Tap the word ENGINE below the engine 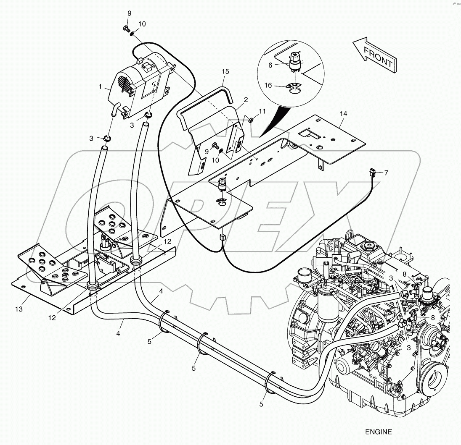click(379, 432)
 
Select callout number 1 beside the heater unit click(101, 86)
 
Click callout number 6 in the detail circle click(270, 65)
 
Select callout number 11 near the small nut click(262, 111)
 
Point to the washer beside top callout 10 click(133, 33)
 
